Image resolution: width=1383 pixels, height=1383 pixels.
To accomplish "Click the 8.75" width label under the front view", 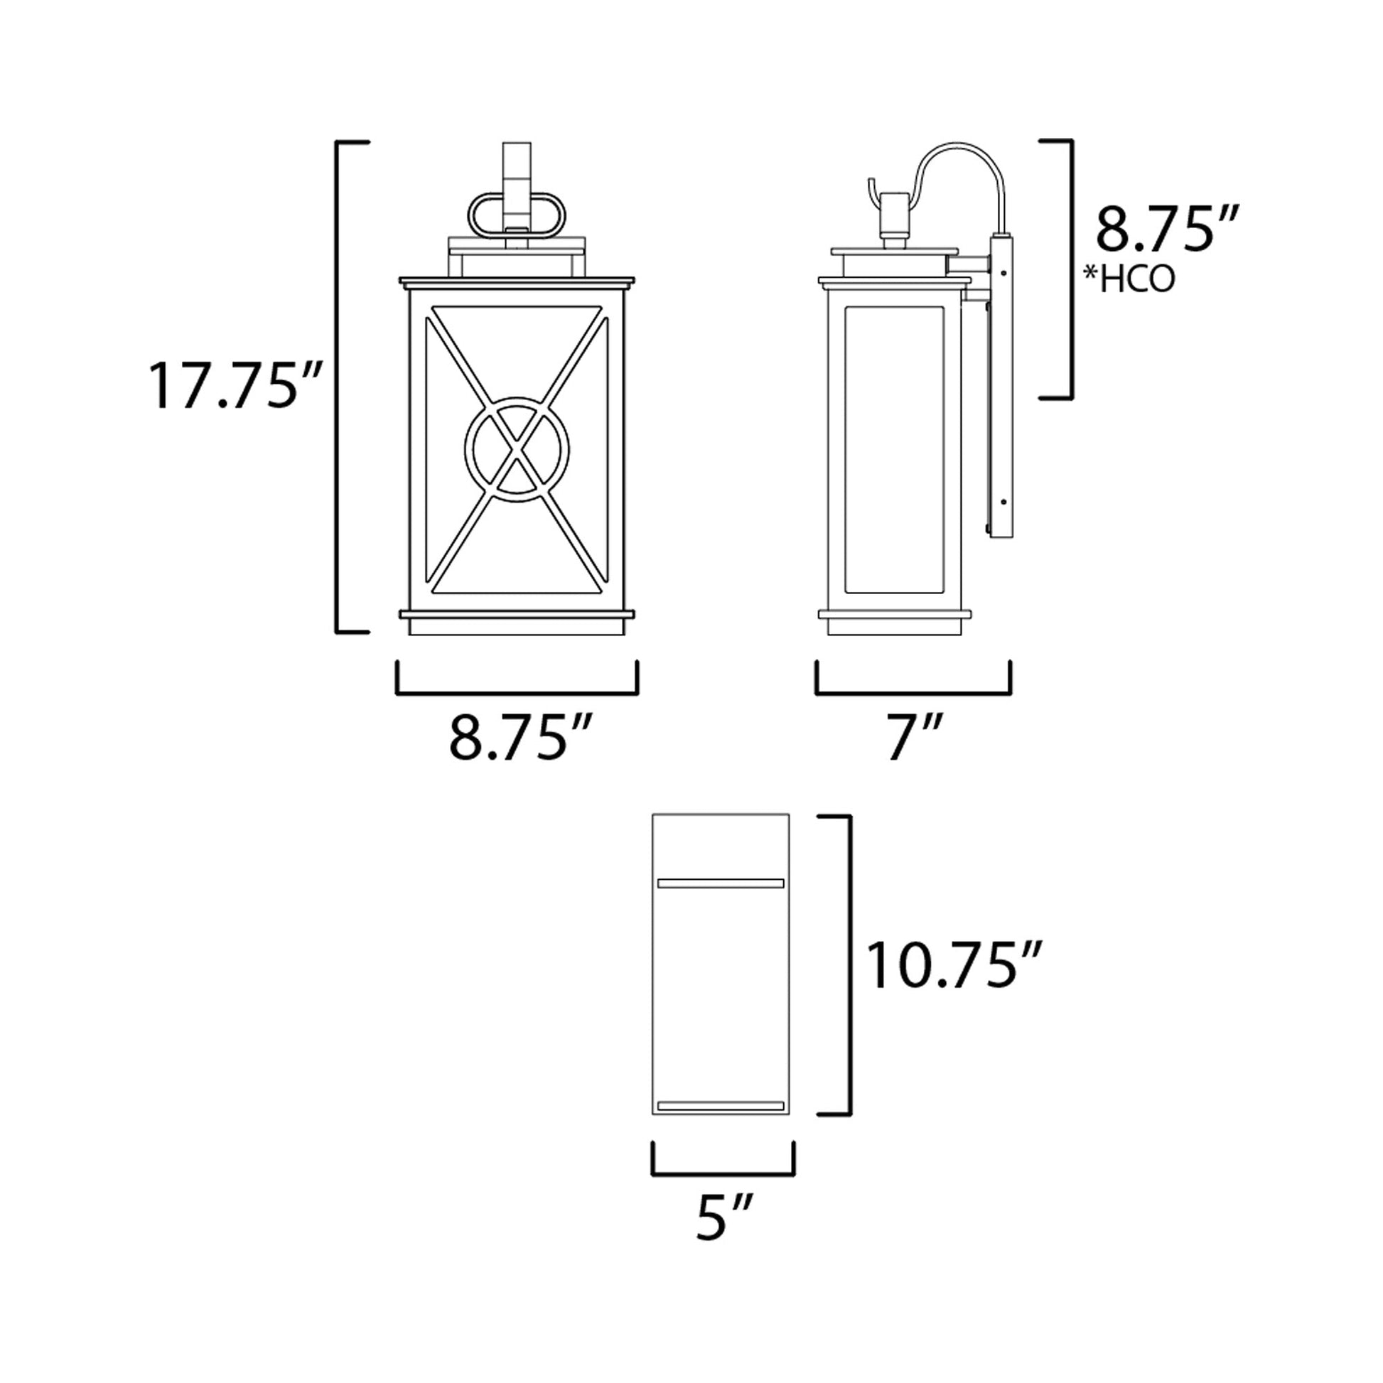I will [x=520, y=737].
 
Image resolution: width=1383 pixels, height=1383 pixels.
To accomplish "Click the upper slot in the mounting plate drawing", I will [x=721, y=883].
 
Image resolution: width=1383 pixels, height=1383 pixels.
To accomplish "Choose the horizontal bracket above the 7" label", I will [x=913, y=691].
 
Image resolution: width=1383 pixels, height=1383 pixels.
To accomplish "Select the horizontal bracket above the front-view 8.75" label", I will [x=517, y=691].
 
